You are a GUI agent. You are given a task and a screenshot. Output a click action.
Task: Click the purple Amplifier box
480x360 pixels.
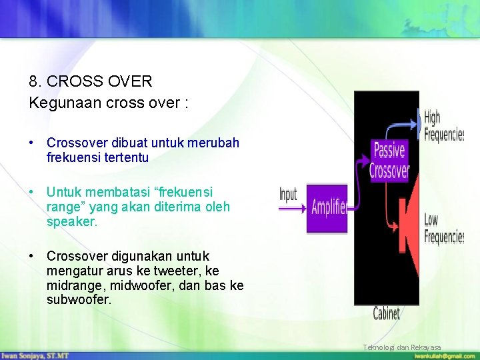(327, 208)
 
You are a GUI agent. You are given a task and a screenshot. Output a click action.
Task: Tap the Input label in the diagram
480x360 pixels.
(288, 195)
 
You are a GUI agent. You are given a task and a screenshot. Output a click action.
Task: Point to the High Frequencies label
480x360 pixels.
(443, 126)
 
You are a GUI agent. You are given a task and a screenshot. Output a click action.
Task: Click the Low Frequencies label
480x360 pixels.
(443, 228)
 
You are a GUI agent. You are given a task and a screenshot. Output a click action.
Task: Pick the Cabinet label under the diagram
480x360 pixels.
(387, 313)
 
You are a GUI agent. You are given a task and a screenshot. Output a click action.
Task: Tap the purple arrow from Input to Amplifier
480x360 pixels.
(293, 209)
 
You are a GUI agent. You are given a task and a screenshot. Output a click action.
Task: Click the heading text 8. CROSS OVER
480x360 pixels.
(91, 82)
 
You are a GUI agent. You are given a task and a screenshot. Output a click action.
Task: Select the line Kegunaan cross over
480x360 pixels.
(109, 103)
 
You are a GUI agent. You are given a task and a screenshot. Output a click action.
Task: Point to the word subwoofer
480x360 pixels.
(79, 300)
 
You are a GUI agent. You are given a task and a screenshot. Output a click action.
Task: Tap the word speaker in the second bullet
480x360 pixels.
(71, 222)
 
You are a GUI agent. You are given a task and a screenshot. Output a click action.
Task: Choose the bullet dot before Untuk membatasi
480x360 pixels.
(32, 192)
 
